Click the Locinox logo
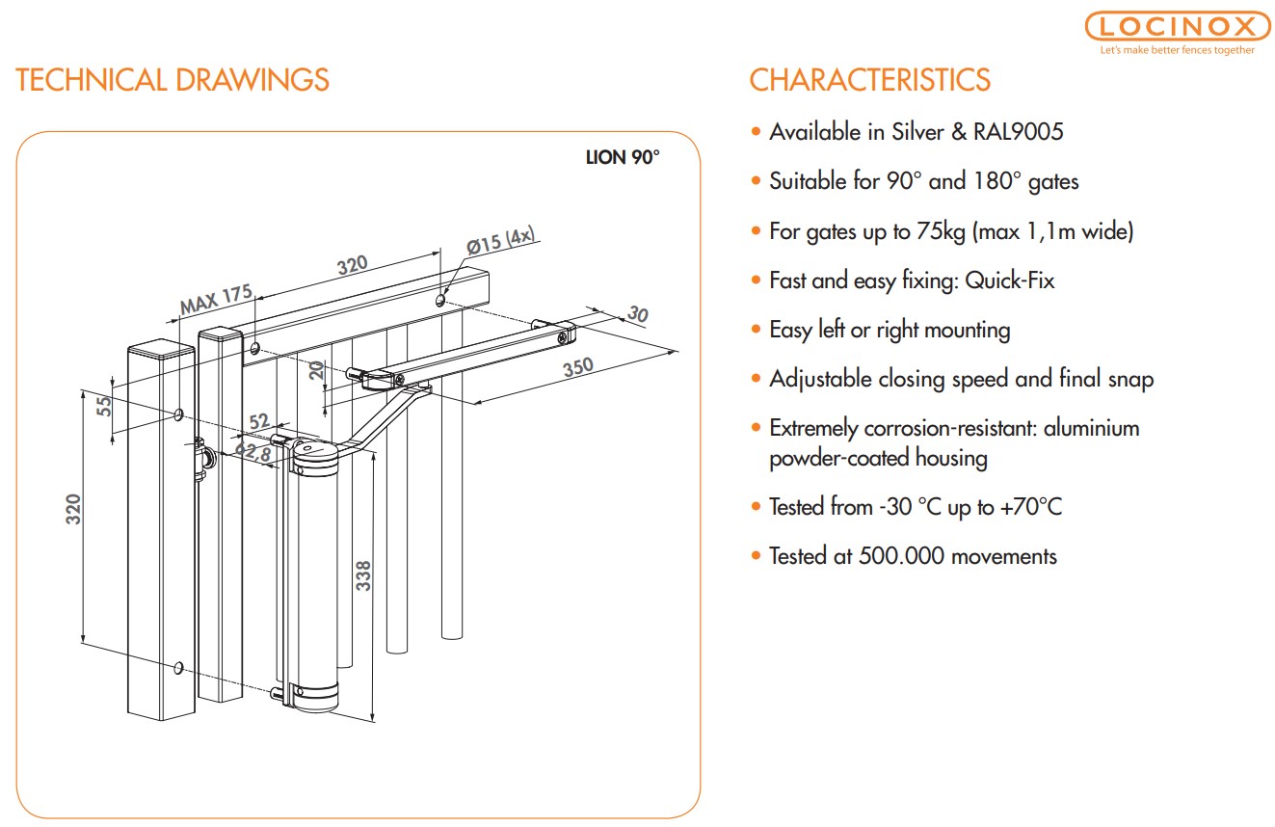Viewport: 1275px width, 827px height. tap(1177, 27)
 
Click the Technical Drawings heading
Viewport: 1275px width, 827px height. tap(173, 79)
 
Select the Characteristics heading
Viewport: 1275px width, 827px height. tap(869, 79)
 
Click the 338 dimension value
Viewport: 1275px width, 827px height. tap(363, 576)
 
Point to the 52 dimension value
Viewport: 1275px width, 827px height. tap(259, 420)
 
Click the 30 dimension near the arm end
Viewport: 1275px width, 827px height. tap(637, 314)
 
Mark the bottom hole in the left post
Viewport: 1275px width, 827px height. tap(178, 667)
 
